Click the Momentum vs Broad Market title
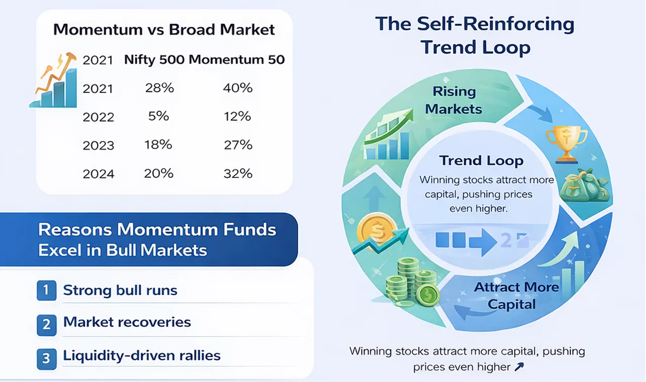click(x=164, y=29)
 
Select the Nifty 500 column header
click(x=154, y=60)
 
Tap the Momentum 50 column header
click(x=237, y=60)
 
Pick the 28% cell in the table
click(x=159, y=88)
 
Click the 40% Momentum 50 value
click(x=238, y=88)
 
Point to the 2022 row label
click(x=99, y=117)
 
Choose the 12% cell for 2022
click(x=238, y=116)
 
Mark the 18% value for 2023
click(x=159, y=145)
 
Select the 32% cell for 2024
click(x=238, y=174)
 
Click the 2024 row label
click(x=99, y=174)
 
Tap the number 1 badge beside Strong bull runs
click(x=46, y=291)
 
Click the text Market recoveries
click(x=127, y=322)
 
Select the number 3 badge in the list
click(x=46, y=358)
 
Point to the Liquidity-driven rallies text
click(x=142, y=356)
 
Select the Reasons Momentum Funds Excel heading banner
click(x=157, y=240)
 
